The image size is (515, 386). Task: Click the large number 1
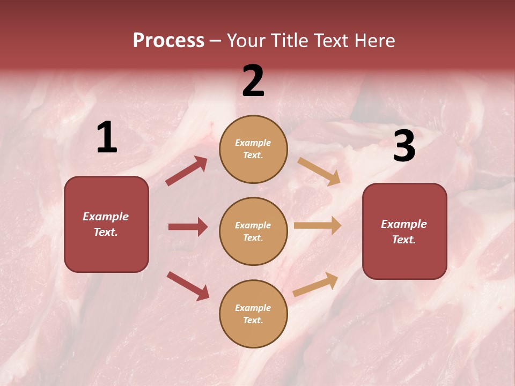(x=107, y=137)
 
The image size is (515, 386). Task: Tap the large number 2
(x=253, y=81)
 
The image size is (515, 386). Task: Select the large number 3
(x=404, y=146)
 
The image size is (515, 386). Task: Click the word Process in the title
(x=168, y=40)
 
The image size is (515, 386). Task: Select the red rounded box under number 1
(x=106, y=224)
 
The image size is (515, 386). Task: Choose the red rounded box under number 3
(x=404, y=231)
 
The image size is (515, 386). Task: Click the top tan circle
(x=253, y=149)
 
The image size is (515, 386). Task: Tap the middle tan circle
(x=253, y=231)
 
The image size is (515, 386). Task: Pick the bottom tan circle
(x=253, y=314)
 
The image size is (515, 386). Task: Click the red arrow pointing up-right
(x=186, y=171)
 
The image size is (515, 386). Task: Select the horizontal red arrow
(x=188, y=227)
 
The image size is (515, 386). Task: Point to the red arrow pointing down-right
(x=188, y=286)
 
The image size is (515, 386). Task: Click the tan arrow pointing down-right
(x=319, y=171)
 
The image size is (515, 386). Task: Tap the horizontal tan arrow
(x=318, y=225)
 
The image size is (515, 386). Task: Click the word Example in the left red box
(x=106, y=217)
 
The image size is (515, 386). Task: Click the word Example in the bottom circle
(x=253, y=308)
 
